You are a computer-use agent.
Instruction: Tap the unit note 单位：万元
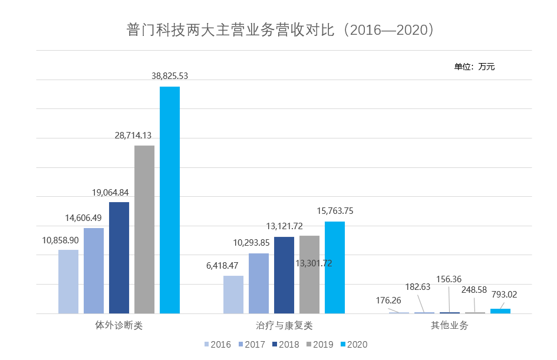click(474, 67)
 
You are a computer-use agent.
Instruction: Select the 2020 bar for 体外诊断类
click(170, 200)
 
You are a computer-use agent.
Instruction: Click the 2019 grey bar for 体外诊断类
click(144, 230)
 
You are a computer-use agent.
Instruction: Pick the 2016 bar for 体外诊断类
click(68, 282)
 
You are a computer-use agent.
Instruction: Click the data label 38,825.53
click(170, 76)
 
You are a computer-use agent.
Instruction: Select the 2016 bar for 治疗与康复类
click(233, 295)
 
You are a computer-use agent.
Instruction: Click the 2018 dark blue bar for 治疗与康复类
click(284, 275)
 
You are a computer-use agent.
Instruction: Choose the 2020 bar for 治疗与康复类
click(335, 267)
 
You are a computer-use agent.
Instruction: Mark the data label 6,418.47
click(222, 266)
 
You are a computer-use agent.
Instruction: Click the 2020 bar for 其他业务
click(500, 311)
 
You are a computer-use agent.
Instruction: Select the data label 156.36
click(449, 279)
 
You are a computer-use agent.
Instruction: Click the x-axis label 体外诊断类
click(119, 325)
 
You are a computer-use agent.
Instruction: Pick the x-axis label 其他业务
click(450, 325)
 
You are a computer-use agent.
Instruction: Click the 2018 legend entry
click(285, 345)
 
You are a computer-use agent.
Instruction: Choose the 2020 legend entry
click(354, 345)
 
